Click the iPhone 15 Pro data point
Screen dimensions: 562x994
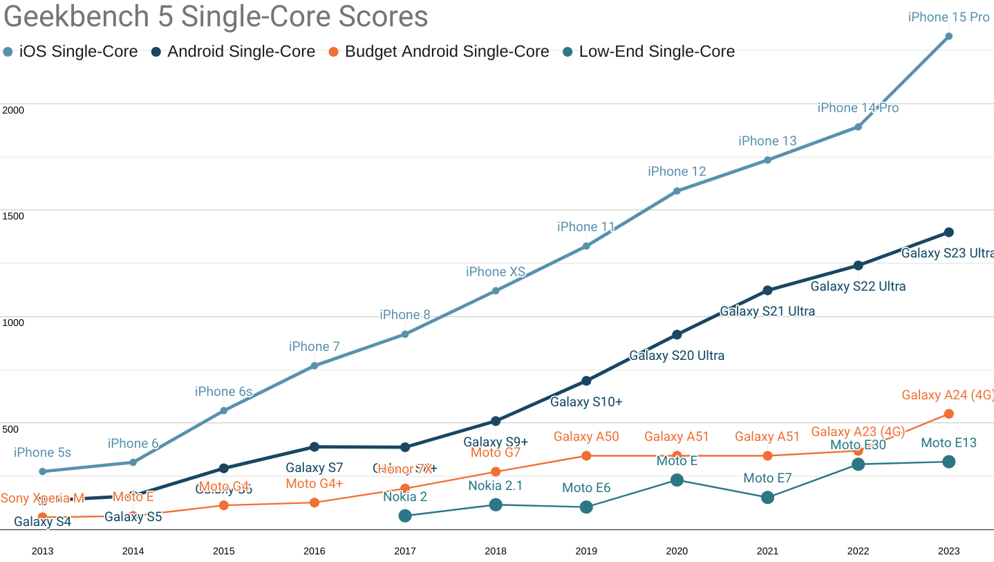pyautogui.click(x=948, y=36)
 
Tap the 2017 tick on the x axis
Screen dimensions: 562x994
pyautogui.click(x=405, y=551)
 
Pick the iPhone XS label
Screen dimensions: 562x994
pyautogui.click(x=496, y=272)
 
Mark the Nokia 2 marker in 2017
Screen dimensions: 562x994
pyautogui.click(x=405, y=516)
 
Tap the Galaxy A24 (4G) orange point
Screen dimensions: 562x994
pyautogui.click(x=948, y=414)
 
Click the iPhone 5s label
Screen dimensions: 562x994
pyautogui.click(x=42, y=453)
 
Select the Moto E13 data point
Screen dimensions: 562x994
pyautogui.click(x=948, y=462)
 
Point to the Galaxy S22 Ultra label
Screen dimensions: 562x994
pyautogui.click(x=858, y=287)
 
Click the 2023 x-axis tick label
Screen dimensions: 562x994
pyautogui.click(x=948, y=551)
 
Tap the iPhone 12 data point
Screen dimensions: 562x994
pyautogui.click(x=677, y=191)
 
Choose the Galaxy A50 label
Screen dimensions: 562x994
pyautogui.click(x=586, y=437)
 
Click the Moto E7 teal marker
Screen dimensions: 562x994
pyautogui.click(x=767, y=498)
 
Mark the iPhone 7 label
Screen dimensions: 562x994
pyautogui.click(x=315, y=347)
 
